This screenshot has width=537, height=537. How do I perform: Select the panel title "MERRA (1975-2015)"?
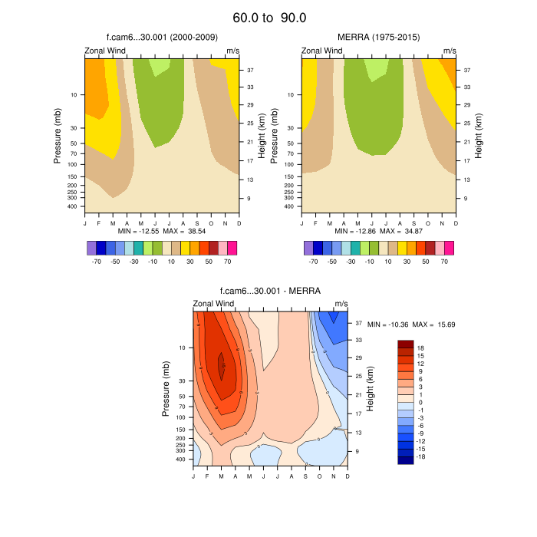(x=378, y=37)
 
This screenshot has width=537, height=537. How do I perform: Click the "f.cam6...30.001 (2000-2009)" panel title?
(x=161, y=37)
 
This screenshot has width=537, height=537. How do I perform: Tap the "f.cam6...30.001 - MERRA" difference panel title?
(x=270, y=291)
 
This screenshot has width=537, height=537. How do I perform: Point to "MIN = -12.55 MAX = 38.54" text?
(x=161, y=231)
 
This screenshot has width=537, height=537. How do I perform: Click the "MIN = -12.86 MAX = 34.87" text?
(x=378, y=231)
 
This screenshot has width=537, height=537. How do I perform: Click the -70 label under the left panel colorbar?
(x=96, y=262)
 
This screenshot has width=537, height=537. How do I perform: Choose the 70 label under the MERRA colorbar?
(x=444, y=262)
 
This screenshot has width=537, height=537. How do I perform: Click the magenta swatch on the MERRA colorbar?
(x=449, y=248)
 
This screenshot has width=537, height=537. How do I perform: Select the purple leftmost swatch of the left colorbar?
(x=91, y=248)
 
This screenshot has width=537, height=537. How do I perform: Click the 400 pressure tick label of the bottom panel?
(x=181, y=460)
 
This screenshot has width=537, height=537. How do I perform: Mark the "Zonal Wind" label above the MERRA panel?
(x=322, y=51)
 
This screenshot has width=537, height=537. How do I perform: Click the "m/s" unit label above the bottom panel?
(x=341, y=304)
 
